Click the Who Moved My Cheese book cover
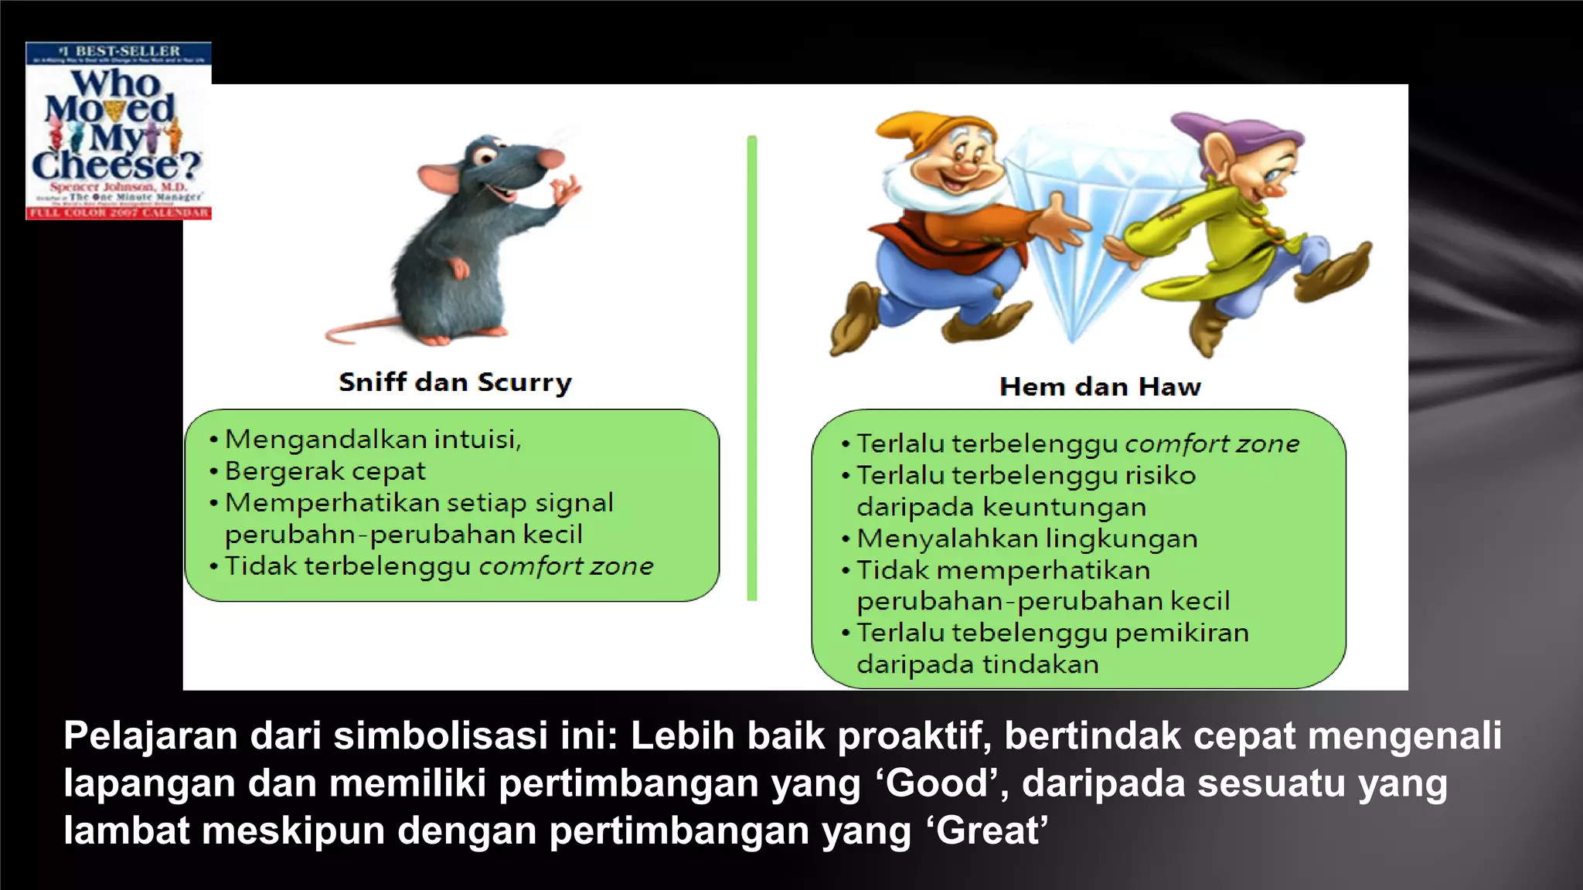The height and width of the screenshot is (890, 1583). tap(118, 131)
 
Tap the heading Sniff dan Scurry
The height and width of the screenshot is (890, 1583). tap(455, 382)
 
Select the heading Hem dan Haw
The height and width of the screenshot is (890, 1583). tap(1100, 386)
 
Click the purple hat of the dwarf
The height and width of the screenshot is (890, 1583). tap(1229, 131)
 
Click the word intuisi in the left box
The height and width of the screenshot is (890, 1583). tap(477, 439)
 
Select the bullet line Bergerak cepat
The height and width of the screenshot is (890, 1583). tap(325, 470)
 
